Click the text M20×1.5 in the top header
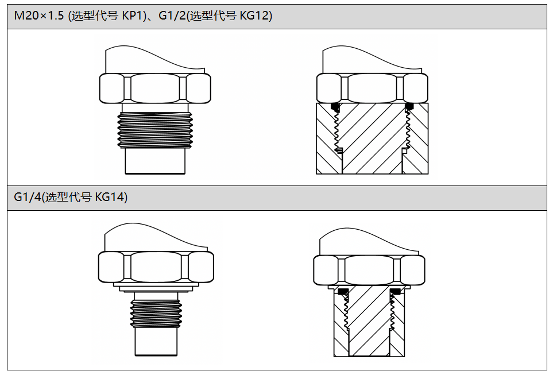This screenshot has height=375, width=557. coord(38,16)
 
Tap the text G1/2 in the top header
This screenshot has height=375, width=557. coord(172,16)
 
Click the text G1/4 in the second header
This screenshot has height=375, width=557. coord(28,197)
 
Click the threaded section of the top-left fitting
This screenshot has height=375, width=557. coord(155,130)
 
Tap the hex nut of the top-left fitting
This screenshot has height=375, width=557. coord(155,88)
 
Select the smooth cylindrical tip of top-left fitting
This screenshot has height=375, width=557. coord(155,161)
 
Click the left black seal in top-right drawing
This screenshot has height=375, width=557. coord(335,106)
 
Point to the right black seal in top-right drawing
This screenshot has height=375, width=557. coord(409,106)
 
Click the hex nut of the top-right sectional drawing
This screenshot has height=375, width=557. coord(372,88)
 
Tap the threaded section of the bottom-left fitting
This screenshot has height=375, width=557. coord(156,314)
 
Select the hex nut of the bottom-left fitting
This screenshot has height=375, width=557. coord(156,267)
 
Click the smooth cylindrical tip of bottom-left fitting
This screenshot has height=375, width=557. coord(156,341)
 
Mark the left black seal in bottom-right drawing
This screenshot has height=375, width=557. coord(343,292)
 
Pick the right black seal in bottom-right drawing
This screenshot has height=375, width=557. coord(395,292)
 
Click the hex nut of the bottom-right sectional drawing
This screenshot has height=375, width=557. coord(369,270)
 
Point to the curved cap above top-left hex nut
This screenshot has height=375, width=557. coord(155,60)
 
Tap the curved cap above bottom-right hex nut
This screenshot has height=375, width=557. coord(369,241)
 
